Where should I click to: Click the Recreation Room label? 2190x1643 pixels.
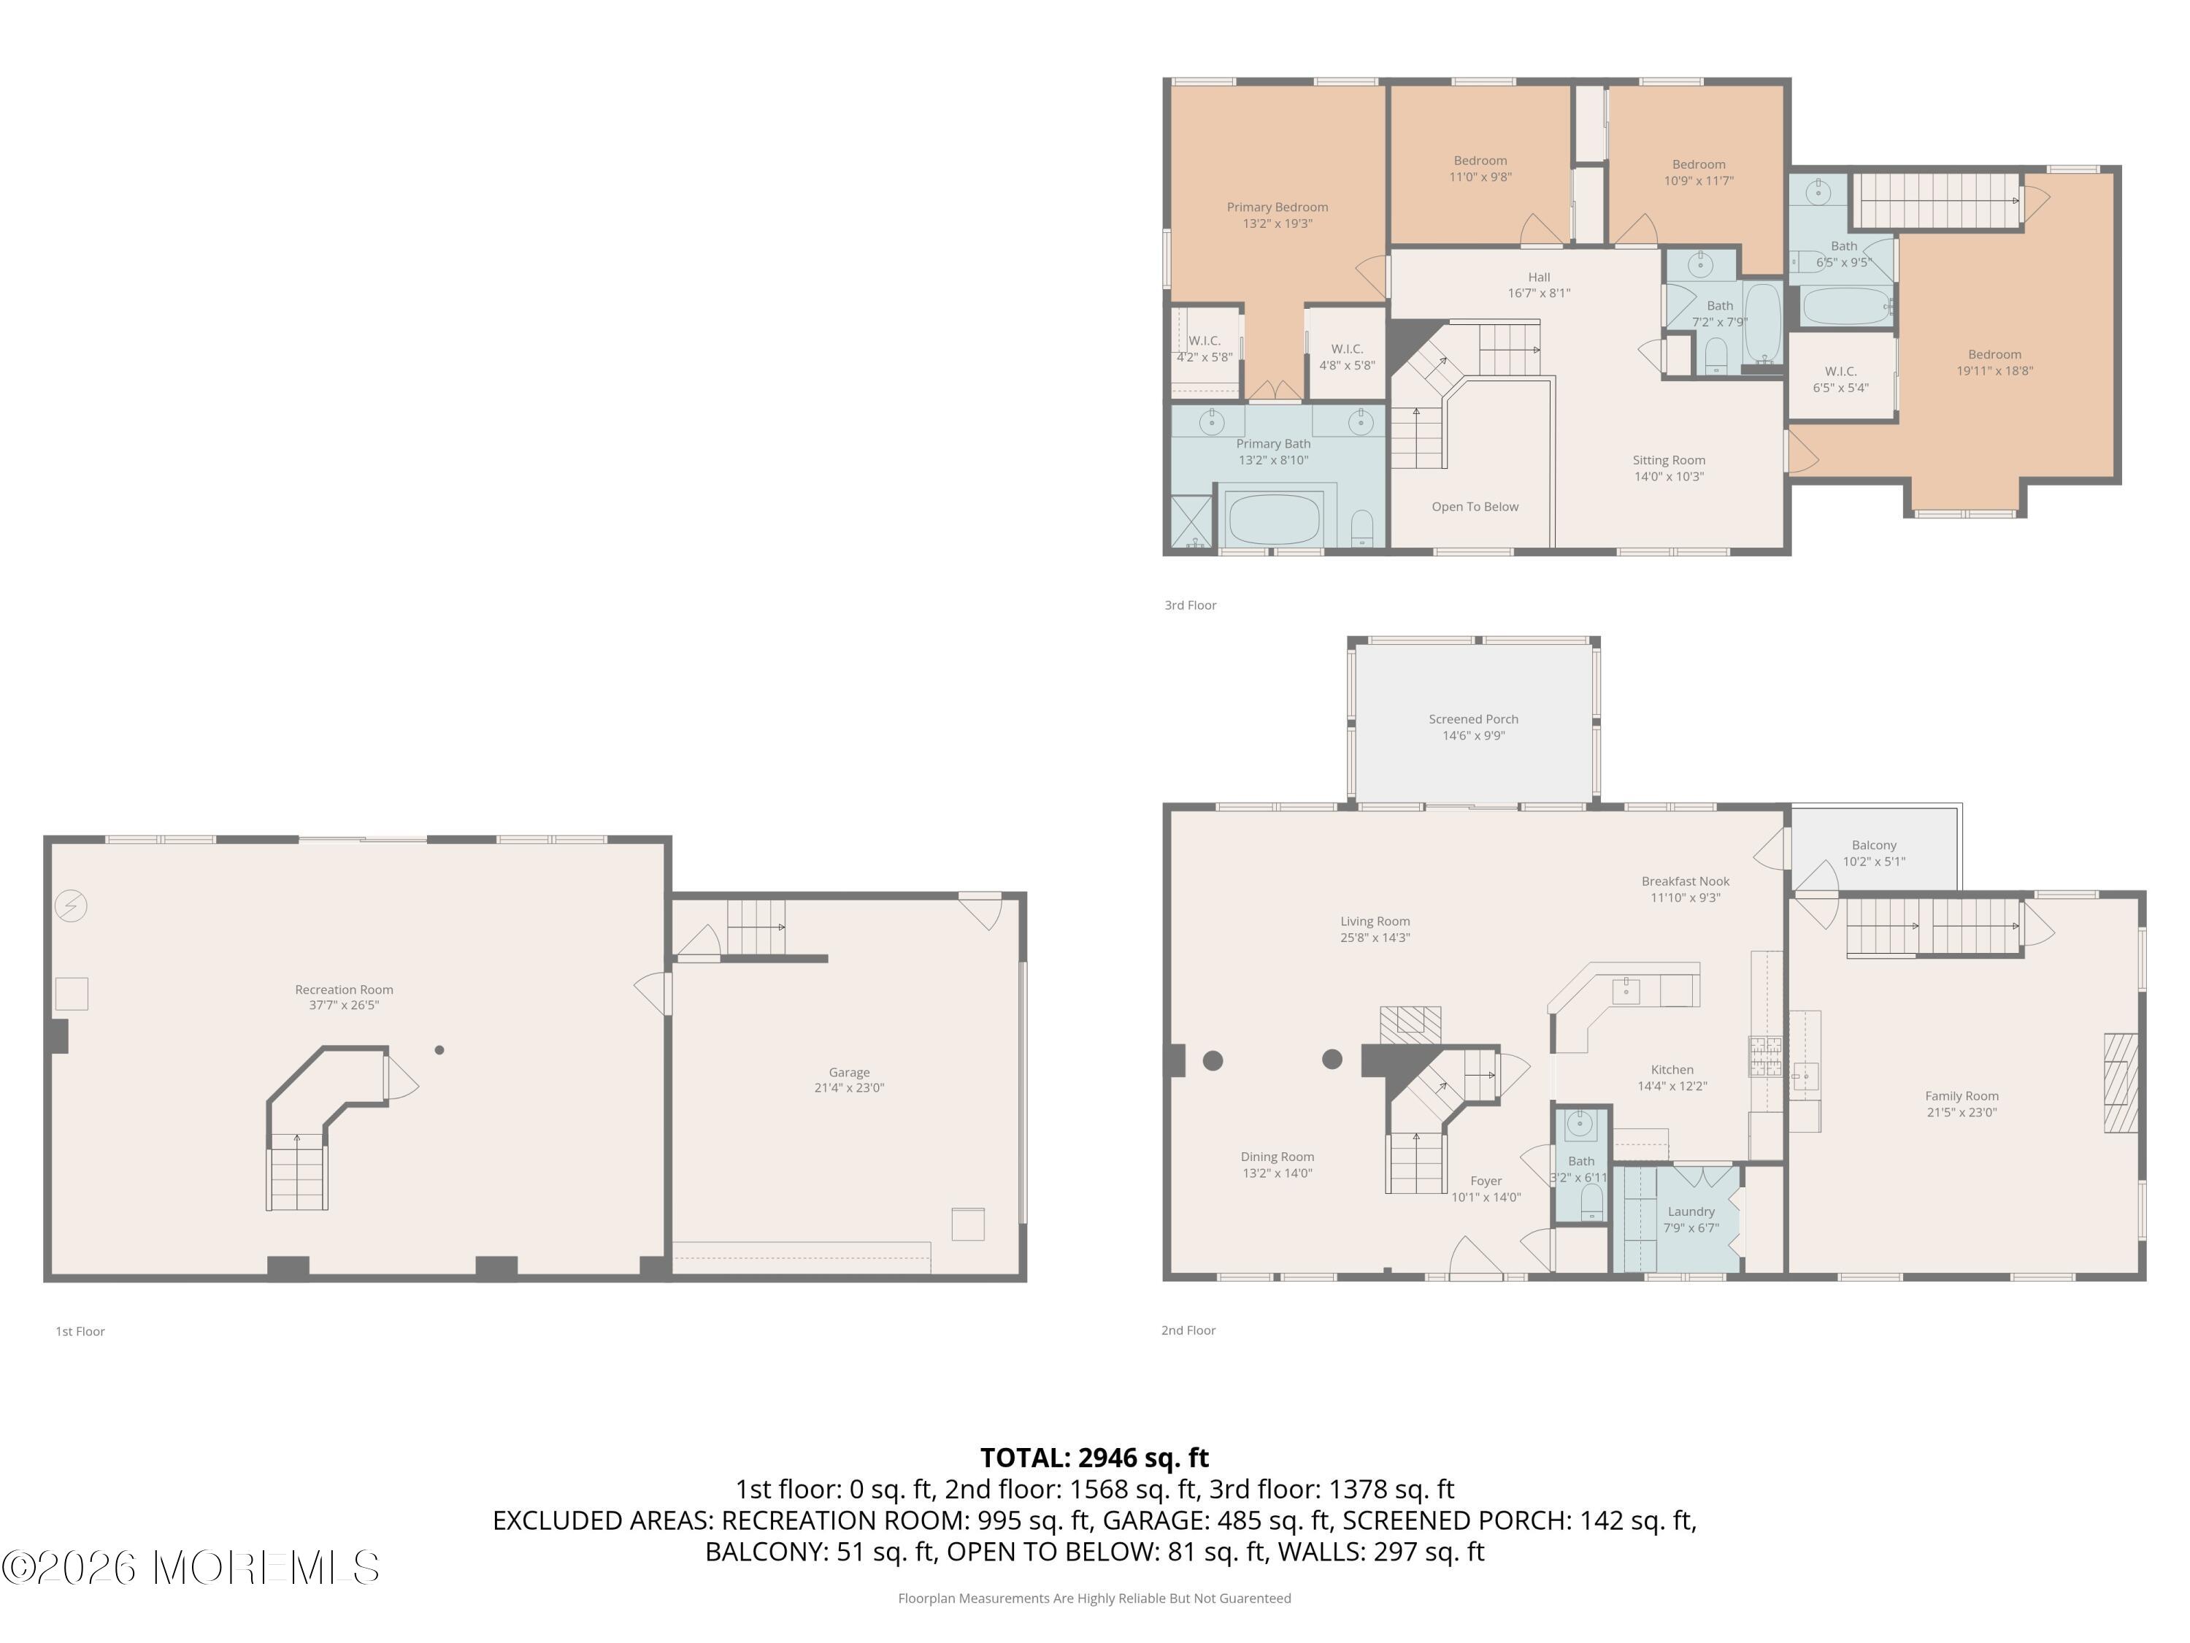point(344,989)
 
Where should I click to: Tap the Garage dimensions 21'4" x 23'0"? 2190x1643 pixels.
point(848,1087)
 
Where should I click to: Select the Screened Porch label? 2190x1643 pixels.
point(1472,719)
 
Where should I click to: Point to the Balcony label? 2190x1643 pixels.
point(1873,845)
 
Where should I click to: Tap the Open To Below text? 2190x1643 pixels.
point(1474,506)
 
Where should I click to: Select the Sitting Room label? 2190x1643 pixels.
point(1668,459)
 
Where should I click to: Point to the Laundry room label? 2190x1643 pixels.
point(1690,1211)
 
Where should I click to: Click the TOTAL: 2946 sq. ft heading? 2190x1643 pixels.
point(1094,1458)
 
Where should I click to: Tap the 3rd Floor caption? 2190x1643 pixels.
point(1190,605)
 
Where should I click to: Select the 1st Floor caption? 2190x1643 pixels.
point(80,1331)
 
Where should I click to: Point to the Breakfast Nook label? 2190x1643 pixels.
point(1684,881)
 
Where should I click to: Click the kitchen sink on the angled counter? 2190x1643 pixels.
point(1626,989)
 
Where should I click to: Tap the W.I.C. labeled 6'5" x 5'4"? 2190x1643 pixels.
point(1840,379)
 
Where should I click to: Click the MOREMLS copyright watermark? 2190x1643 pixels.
point(190,1568)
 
